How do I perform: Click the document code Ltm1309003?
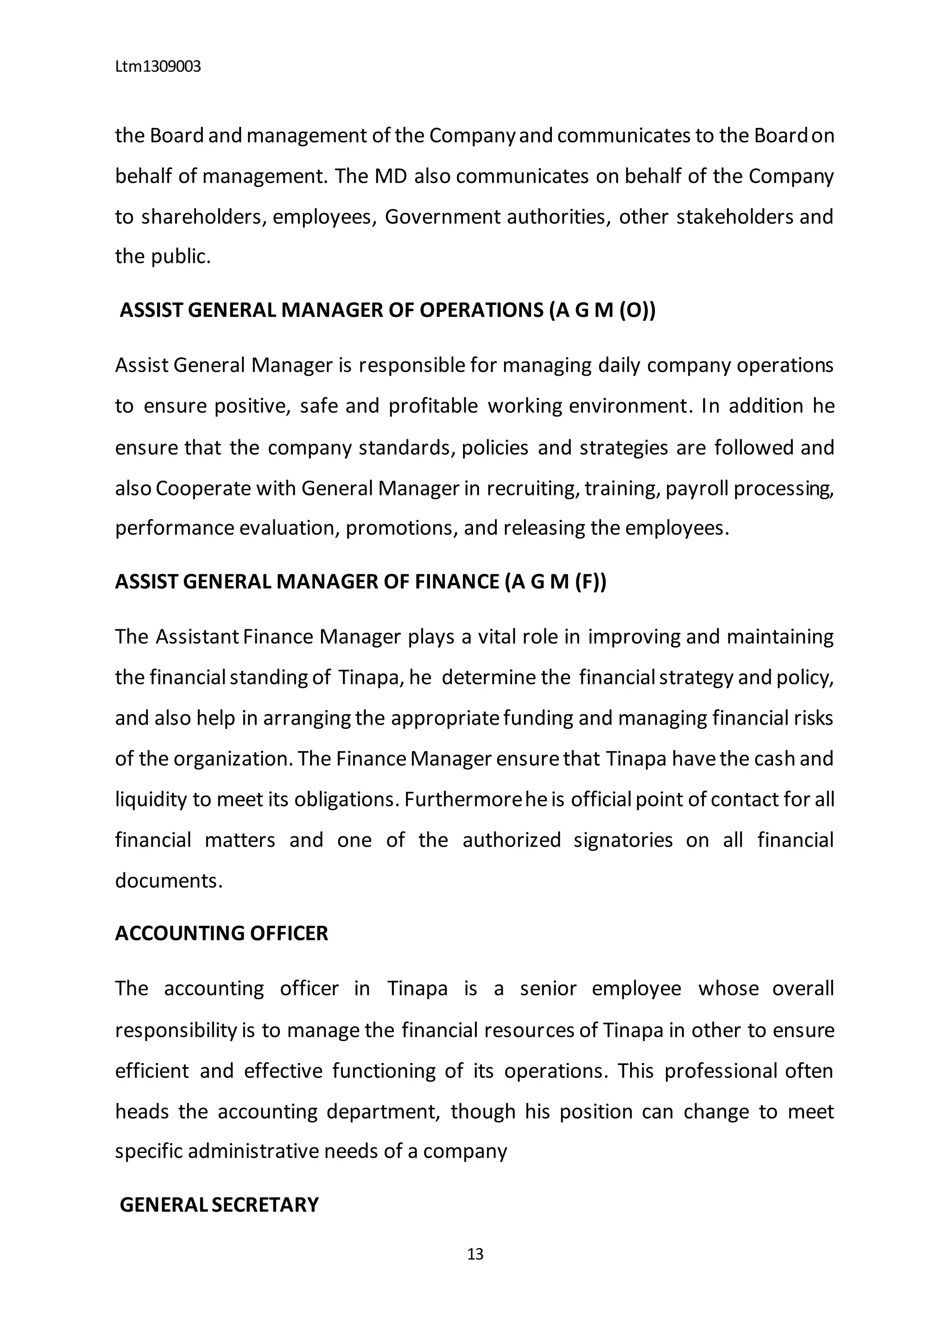click(x=158, y=67)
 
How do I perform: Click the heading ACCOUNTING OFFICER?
click(x=221, y=933)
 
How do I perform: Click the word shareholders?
click(x=204, y=217)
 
